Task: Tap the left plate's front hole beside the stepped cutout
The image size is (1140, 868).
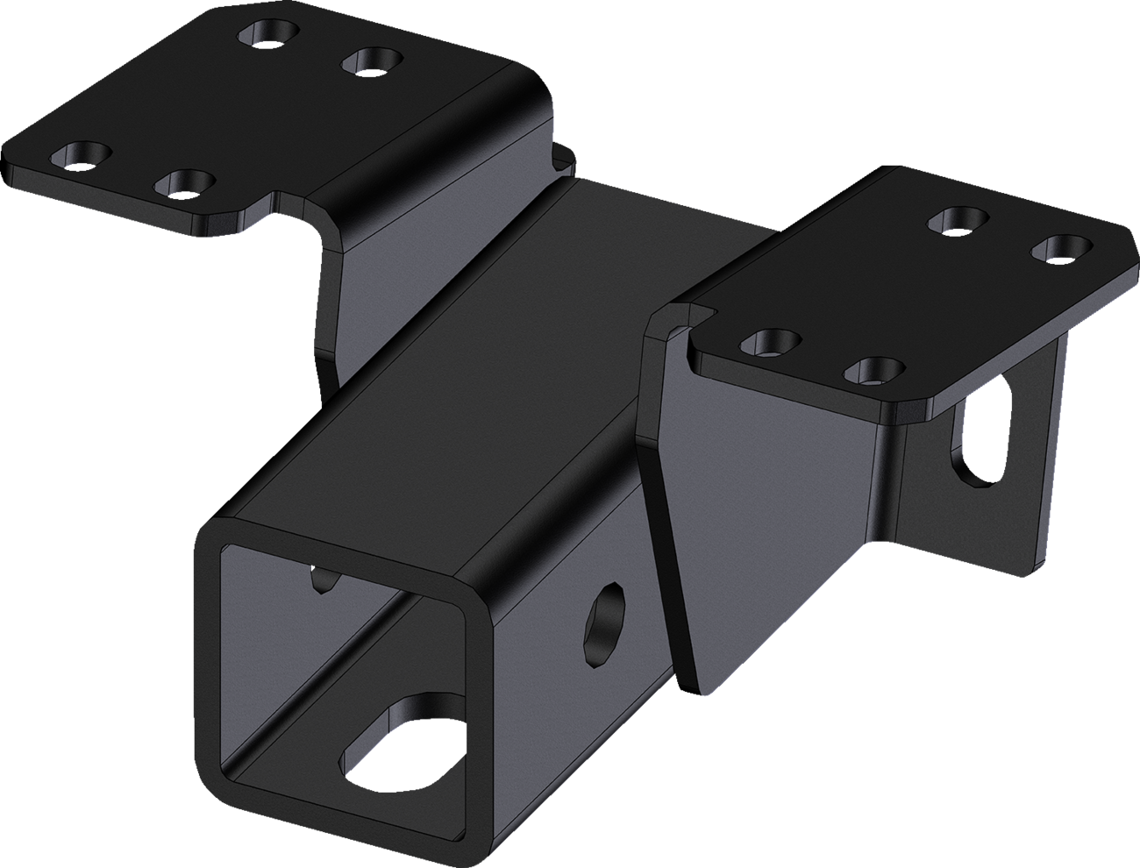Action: coord(186,183)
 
